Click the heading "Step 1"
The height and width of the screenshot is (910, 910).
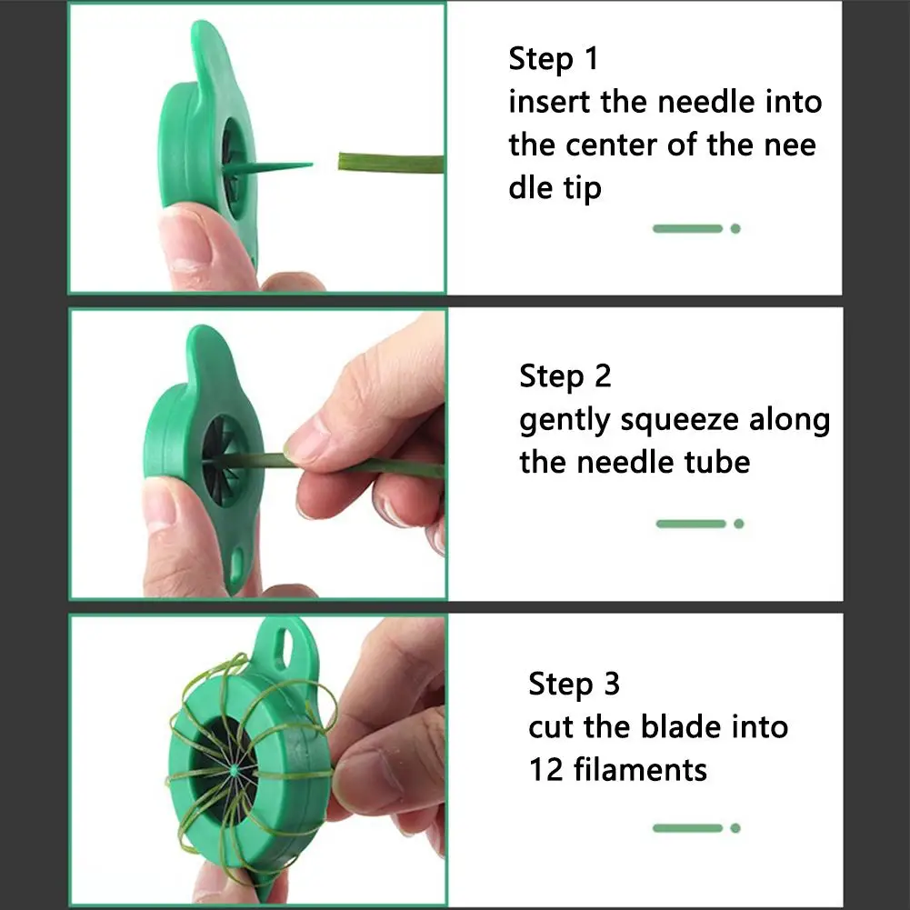553,59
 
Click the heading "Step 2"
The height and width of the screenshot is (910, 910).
565,376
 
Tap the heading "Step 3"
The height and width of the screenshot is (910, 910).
574,684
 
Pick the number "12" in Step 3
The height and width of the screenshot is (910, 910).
546,770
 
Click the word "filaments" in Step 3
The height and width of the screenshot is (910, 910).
640,770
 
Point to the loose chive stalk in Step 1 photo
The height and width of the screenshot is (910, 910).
391,163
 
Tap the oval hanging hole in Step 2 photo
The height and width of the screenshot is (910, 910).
237,565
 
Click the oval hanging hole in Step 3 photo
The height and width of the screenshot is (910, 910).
286,644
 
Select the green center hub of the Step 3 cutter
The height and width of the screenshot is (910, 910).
234,771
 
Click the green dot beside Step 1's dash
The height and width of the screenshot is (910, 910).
735,229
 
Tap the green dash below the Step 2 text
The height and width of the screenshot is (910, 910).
691,524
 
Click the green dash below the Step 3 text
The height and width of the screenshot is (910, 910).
687,828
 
